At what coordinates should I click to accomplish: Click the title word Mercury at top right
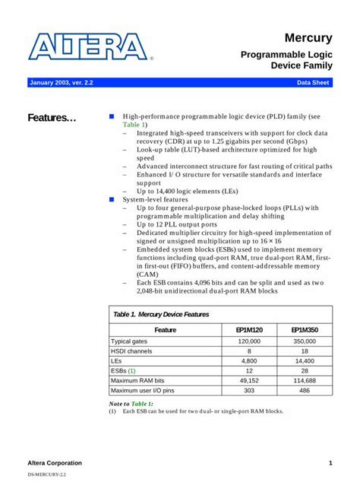pos(308,37)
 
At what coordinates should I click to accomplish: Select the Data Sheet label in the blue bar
pos(312,82)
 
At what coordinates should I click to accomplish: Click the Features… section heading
pos(52,118)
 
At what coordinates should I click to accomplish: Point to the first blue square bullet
pos(111,117)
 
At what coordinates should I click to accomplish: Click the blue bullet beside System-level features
pos(111,199)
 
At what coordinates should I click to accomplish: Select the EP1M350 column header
pos(305,330)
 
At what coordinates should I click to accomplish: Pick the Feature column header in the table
pos(165,330)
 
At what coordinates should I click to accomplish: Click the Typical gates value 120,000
pos(249,341)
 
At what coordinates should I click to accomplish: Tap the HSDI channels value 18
pos(305,351)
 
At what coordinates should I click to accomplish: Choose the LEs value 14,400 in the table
pos(305,361)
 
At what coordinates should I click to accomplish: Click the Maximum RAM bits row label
pos(137,380)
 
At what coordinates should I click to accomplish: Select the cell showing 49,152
pos(249,380)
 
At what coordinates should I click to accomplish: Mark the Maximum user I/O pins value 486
pos(305,390)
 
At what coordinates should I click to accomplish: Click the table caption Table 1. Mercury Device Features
pos(161,314)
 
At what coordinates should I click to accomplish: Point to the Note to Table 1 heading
pos(131,403)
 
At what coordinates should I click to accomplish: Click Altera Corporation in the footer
pos(55,463)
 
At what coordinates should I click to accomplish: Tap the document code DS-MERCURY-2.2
pos(47,474)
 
